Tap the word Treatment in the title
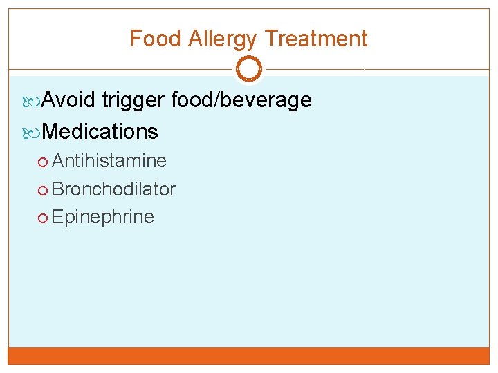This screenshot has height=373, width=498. point(316,39)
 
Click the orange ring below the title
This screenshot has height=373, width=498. point(249,69)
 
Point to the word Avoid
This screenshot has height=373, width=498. point(68,100)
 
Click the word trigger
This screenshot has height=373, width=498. point(133,101)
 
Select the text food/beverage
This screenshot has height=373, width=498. point(241,100)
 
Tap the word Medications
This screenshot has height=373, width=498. point(100,131)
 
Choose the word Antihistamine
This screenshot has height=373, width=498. point(109,161)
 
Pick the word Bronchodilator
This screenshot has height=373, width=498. point(113,189)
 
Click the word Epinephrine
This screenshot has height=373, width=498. point(102,217)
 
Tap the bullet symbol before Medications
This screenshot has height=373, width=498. point(35,132)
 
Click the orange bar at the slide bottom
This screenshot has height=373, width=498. point(249,355)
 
